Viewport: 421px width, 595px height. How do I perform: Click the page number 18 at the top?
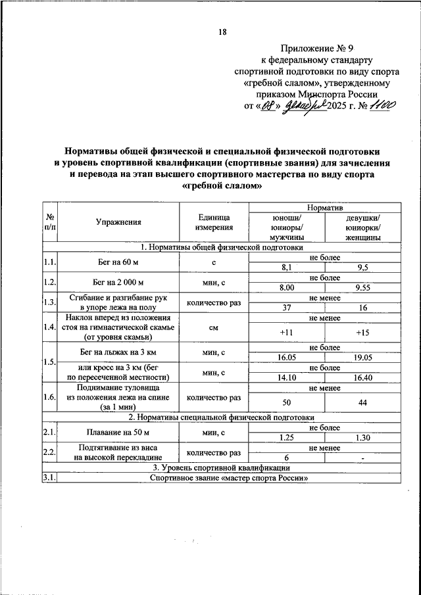222,32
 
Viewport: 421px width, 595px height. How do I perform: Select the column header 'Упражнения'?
118,223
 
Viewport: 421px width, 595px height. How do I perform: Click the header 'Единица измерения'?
214,223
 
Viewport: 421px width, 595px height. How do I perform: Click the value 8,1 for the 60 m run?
286,268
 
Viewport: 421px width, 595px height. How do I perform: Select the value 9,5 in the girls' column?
362,268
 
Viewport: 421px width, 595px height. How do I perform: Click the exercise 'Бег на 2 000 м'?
118,283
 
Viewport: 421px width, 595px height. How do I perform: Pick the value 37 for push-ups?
286,308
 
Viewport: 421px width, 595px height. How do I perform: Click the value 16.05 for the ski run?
286,358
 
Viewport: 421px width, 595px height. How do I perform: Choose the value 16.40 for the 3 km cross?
362,378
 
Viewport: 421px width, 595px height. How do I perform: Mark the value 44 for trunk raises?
362,402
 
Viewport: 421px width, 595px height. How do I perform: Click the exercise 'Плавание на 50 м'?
118,432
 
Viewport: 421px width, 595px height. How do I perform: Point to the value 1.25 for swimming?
286,437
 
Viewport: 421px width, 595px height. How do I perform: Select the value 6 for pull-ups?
286,458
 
